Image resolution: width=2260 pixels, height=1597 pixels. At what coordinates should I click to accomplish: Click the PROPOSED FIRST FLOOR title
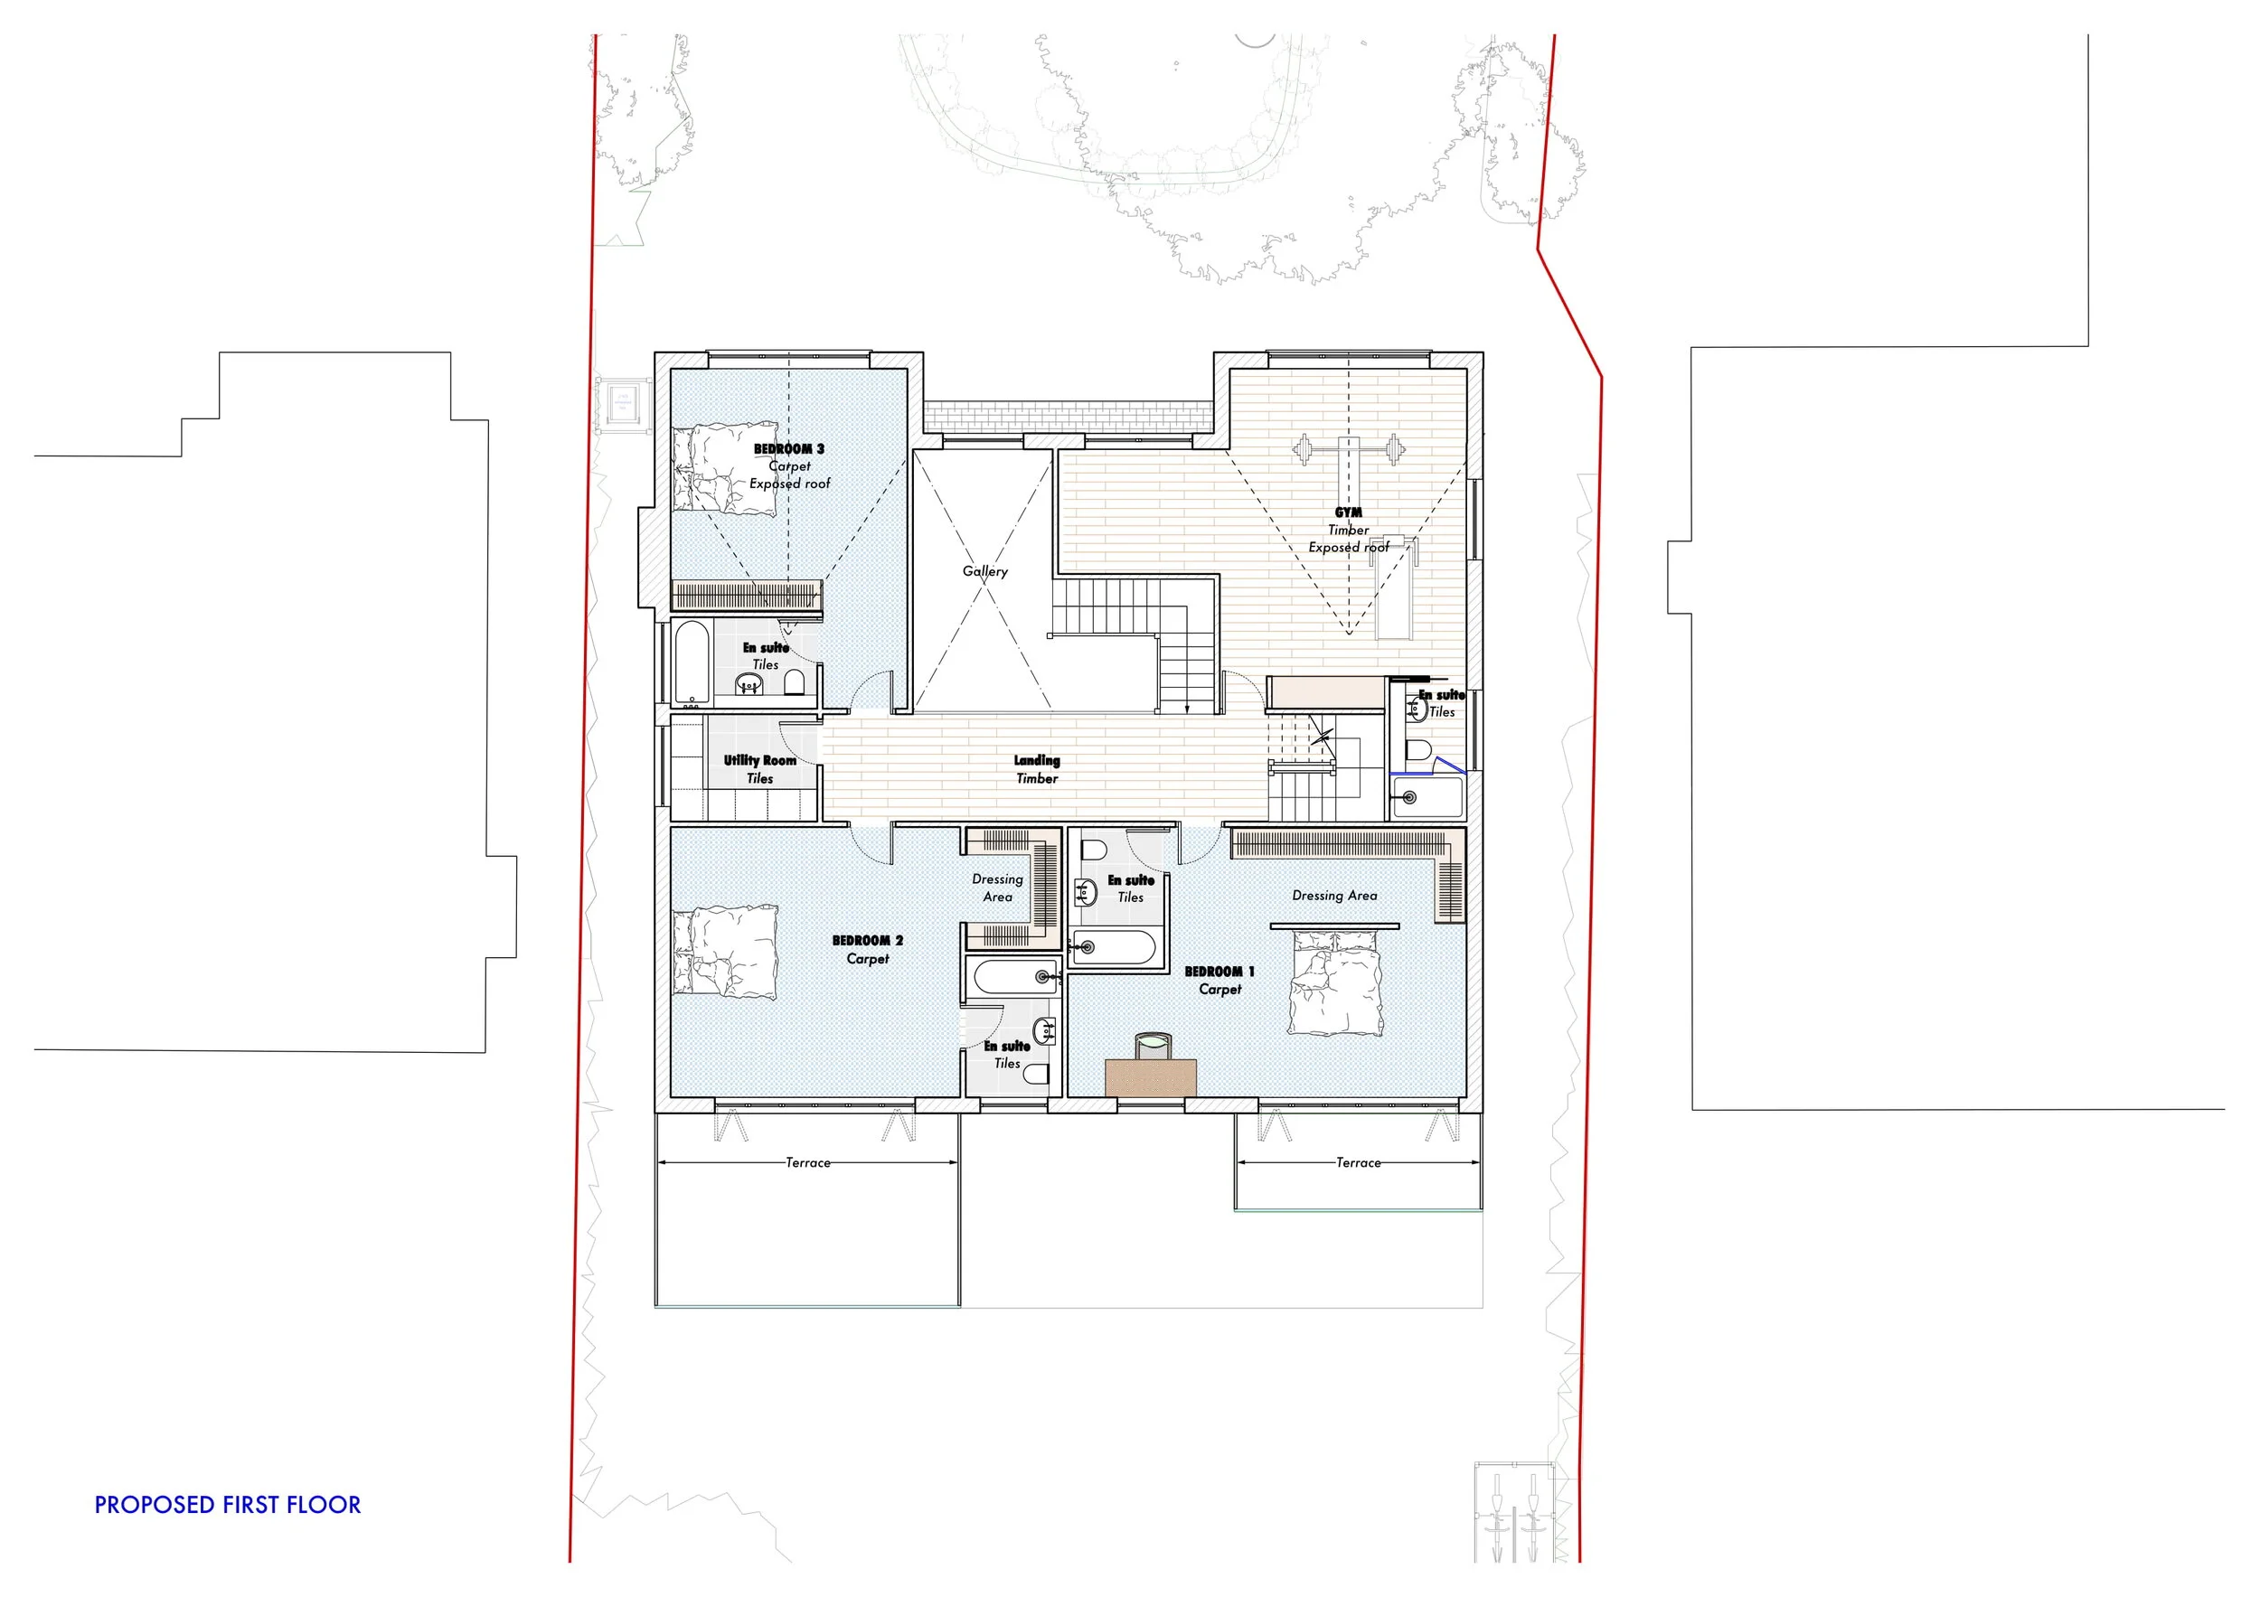(228, 1505)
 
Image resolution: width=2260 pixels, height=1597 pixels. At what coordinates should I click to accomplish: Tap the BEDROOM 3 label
(788, 448)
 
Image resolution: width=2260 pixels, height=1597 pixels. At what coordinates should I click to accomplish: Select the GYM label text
(1348, 512)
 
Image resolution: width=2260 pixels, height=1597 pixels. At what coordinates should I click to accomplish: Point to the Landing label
(1037, 761)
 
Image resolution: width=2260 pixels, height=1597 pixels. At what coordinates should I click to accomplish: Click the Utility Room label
(759, 761)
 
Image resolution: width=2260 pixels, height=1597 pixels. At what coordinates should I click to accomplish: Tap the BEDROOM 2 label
(867, 941)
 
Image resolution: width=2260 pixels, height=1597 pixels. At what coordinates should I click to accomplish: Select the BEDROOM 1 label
(1219, 972)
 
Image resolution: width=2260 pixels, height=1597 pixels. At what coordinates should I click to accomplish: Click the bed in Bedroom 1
(1334, 983)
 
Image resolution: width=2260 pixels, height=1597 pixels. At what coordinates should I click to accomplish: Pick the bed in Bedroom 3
(724, 469)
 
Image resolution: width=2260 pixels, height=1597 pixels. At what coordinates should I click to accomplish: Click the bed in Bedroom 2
(724, 952)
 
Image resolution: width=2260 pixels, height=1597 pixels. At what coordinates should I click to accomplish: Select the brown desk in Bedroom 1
(1150, 1077)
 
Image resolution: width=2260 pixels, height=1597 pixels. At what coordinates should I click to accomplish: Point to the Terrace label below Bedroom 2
(807, 1163)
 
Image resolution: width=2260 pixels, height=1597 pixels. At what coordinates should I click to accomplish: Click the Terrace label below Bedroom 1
(1358, 1163)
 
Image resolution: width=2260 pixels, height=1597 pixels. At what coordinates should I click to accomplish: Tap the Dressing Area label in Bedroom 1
(1333, 896)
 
